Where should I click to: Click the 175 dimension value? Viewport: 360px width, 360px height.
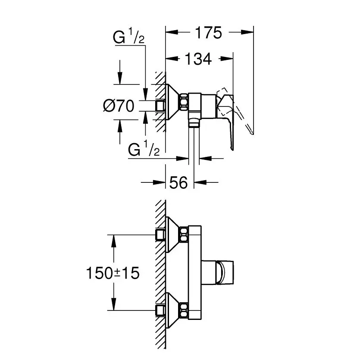(209, 33)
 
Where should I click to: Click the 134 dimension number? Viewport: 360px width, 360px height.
(198, 59)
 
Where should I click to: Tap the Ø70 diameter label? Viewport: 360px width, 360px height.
(119, 106)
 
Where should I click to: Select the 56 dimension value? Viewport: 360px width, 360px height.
(178, 183)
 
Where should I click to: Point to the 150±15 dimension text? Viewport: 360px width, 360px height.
(113, 273)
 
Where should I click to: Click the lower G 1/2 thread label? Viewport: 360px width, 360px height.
(144, 149)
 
